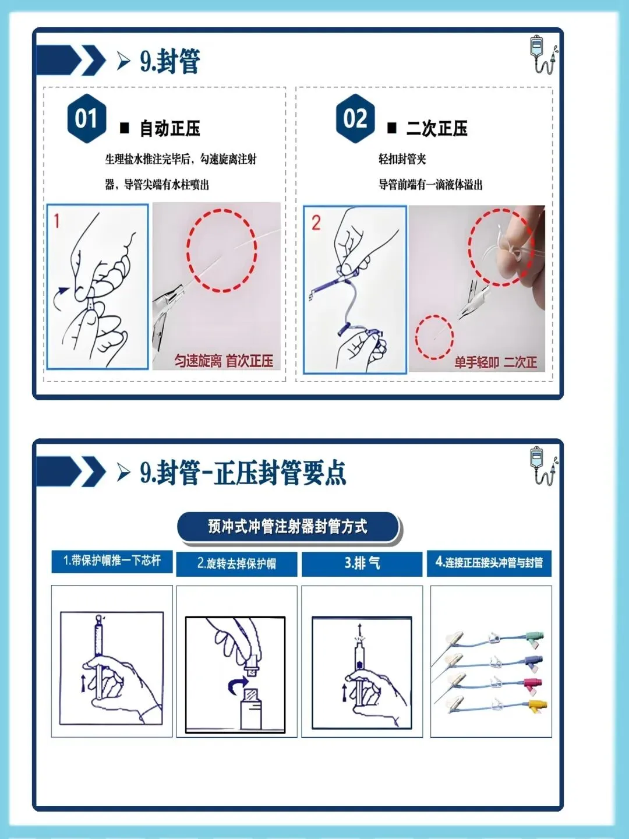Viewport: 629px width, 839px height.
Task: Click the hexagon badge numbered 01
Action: (x=86, y=118)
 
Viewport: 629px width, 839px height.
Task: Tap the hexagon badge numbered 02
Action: (x=355, y=118)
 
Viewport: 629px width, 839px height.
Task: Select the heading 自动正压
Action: (x=170, y=128)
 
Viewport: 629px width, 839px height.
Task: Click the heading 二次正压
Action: (x=437, y=128)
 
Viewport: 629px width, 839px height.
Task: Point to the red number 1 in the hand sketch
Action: (x=57, y=221)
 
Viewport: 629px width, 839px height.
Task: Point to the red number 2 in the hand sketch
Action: (x=316, y=223)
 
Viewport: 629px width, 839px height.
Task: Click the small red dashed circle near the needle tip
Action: (x=434, y=337)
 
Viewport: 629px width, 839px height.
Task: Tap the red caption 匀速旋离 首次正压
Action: (x=224, y=361)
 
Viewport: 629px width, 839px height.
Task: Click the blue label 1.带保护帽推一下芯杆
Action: (x=112, y=561)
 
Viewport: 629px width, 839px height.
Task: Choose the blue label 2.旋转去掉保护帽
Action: (x=236, y=563)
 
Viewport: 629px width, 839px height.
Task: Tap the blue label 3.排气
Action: (x=362, y=563)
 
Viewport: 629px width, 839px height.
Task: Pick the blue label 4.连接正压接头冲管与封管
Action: (x=489, y=563)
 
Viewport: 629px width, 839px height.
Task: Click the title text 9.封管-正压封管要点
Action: (x=243, y=473)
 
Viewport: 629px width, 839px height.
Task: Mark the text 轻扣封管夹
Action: (x=402, y=159)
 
